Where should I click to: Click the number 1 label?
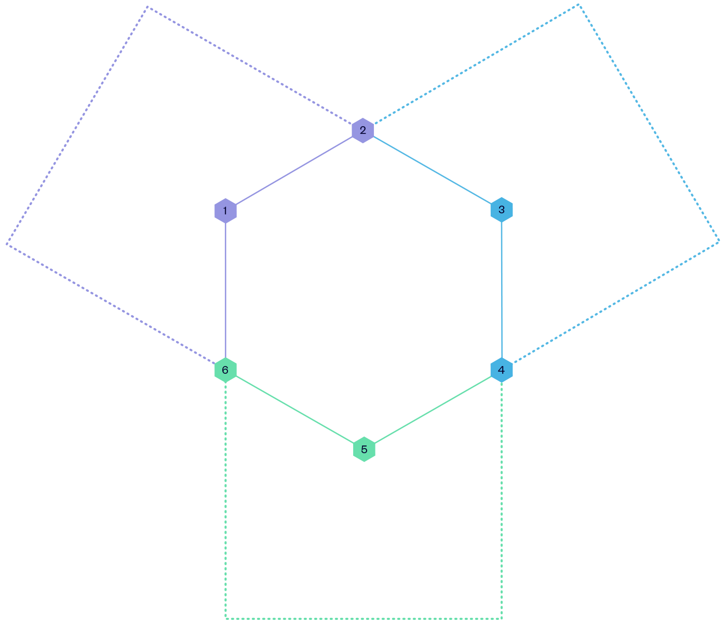click(225, 211)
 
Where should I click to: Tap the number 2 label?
click(363, 130)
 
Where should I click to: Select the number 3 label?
click(502, 210)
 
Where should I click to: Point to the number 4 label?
click(501, 370)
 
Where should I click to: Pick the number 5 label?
click(364, 450)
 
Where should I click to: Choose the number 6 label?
click(225, 370)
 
